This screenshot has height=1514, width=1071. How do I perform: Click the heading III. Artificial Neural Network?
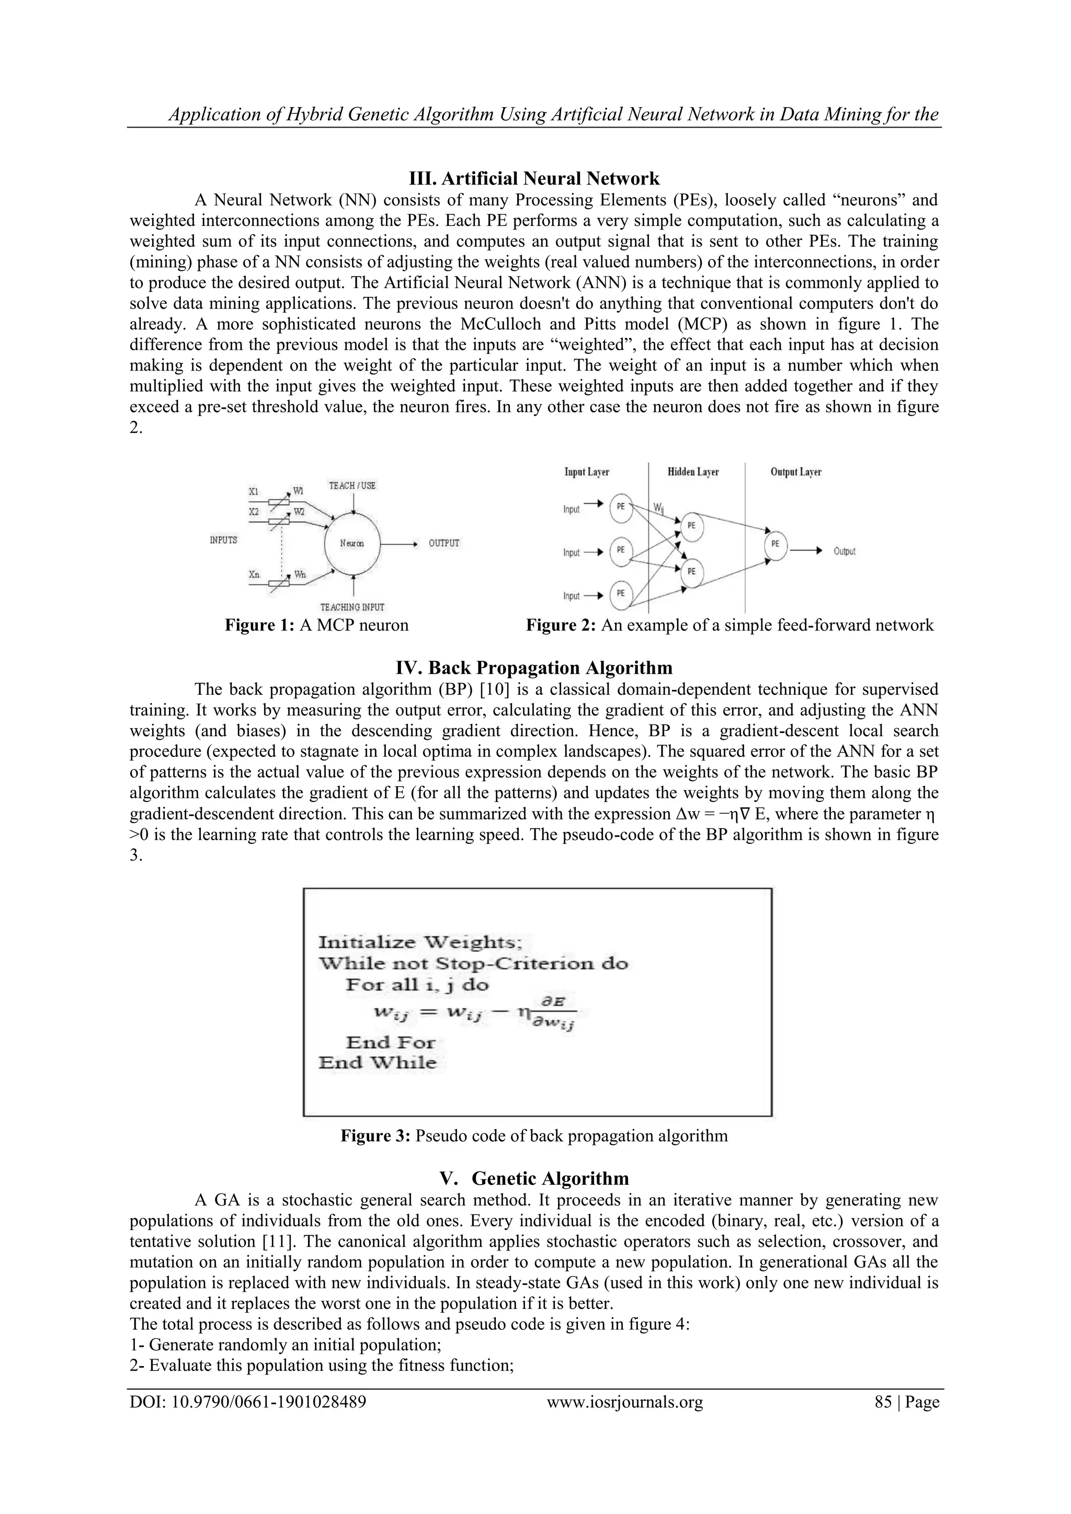(x=534, y=179)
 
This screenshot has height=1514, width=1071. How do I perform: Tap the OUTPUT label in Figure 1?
(x=444, y=543)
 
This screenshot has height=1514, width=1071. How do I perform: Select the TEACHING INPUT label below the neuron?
(x=352, y=606)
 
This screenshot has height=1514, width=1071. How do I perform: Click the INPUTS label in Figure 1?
(x=224, y=540)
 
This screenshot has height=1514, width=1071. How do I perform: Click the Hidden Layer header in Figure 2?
(x=693, y=472)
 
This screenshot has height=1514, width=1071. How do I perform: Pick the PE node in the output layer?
(x=775, y=545)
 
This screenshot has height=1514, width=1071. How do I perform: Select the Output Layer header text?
(x=795, y=472)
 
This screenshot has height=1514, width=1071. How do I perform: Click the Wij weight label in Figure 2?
(x=659, y=508)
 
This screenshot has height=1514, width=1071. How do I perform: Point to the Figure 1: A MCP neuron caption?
(x=316, y=625)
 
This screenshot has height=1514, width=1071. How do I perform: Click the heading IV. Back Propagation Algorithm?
(x=534, y=668)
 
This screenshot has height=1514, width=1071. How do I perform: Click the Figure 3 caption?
(x=534, y=1135)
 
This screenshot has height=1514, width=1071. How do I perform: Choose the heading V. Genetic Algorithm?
(x=534, y=1178)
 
